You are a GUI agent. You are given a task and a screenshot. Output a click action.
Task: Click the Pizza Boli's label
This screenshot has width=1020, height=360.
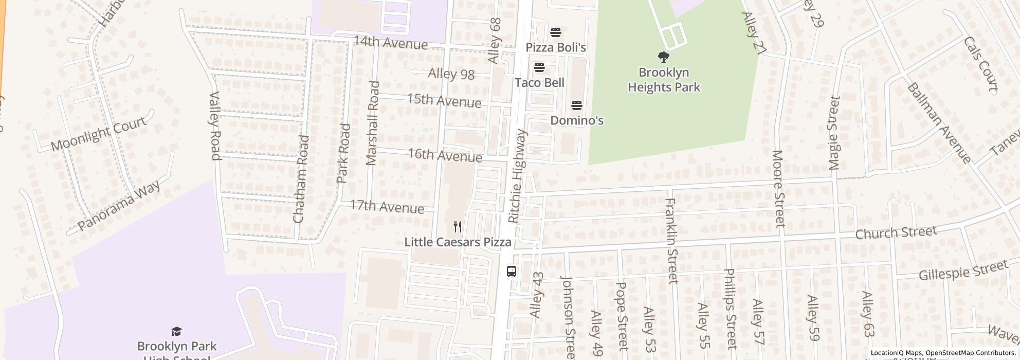555,48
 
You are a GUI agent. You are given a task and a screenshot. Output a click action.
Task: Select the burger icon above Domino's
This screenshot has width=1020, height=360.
576,106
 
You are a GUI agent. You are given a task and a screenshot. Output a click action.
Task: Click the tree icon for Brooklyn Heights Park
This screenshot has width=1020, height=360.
663,57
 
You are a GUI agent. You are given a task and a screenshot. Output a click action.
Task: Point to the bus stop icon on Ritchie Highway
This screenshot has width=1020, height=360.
511,272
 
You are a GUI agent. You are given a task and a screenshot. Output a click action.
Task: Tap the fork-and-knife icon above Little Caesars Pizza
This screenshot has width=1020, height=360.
457,227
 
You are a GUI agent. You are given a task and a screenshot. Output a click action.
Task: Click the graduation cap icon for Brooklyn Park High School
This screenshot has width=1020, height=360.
176,331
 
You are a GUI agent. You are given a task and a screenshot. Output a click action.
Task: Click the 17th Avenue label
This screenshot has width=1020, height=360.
387,207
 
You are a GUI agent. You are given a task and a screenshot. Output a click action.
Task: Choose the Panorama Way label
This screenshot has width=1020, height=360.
118,205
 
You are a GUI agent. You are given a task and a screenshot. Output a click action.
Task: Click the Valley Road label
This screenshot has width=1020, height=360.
215,125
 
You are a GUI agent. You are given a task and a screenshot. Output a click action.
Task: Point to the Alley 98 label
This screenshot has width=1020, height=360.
451,74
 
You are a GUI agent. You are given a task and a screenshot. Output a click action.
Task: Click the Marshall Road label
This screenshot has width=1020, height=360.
372,123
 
